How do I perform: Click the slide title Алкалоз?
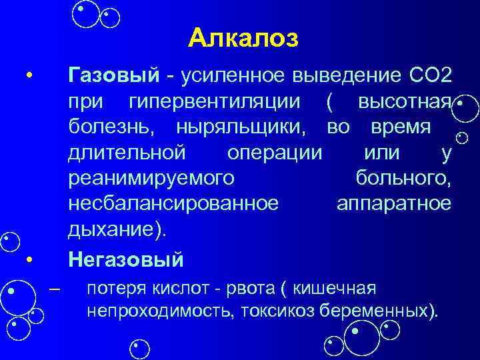click(243, 38)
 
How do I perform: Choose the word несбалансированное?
click(173, 203)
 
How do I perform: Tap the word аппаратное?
click(394, 203)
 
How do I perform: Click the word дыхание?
click(114, 229)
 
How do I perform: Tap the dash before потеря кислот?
click(55, 289)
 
